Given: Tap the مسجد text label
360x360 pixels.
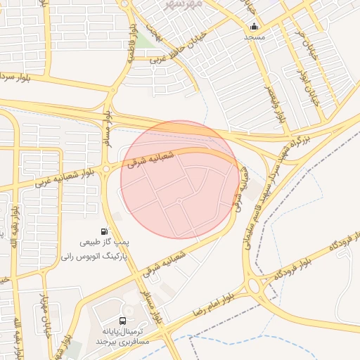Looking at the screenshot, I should [253, 37].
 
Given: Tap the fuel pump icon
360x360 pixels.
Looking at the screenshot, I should [105, 231].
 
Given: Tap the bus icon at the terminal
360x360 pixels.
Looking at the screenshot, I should [124, 321].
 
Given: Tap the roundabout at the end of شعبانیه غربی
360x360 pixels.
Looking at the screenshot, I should [105, 168].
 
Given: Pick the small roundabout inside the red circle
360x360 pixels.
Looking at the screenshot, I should [179, 201].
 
